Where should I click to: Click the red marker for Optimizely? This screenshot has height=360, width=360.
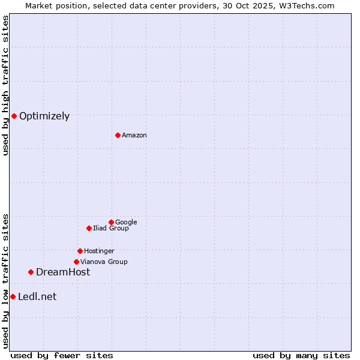(14, 116)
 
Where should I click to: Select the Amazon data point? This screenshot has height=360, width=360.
(118, 135)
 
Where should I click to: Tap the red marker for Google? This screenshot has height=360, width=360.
(111, 222)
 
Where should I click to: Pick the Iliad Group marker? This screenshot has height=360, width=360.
(89, 228)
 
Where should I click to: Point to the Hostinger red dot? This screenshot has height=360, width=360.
(80, 251)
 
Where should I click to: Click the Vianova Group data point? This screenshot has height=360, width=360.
(76, 262)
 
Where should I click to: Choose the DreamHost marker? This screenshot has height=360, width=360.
(31, 272)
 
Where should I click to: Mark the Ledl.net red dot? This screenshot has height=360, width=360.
(13, 296)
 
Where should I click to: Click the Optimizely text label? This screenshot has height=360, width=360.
(44, 116)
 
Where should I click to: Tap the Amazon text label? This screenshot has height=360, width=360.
(134, 136)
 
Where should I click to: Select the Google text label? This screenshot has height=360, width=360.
(126, 223)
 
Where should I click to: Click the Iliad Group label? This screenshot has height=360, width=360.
(111, 229)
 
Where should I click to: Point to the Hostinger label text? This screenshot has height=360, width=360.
(99, 251)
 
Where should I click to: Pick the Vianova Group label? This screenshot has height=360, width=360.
(104, 262)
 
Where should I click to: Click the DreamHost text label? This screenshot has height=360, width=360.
(63, 272)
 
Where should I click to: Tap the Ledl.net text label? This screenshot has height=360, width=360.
(37, 297)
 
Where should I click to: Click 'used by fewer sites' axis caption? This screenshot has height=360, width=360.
(62, 355)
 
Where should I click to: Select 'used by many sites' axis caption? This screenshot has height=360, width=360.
(301, 355)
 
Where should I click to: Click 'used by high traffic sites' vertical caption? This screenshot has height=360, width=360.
(5, 85)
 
